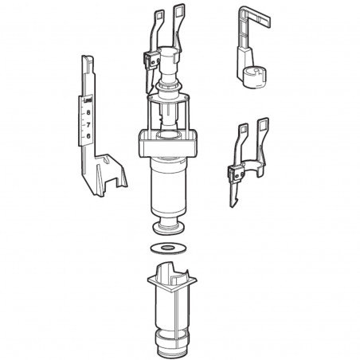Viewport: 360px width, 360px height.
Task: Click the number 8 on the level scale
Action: pyautogui.click(x=88, y=114)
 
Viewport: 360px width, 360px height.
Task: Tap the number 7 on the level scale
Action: pyautogui.click(x=88, y=125)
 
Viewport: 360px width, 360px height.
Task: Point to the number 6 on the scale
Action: pyautogui.click(x=88, y=136)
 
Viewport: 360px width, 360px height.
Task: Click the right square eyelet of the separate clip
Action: pyautogui.click(x=263, y=124)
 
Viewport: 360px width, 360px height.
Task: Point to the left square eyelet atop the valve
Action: pyautogui.click(x=158, y=14)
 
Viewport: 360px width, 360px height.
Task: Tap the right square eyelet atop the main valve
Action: pyautogui.click(x=183, y=11)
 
